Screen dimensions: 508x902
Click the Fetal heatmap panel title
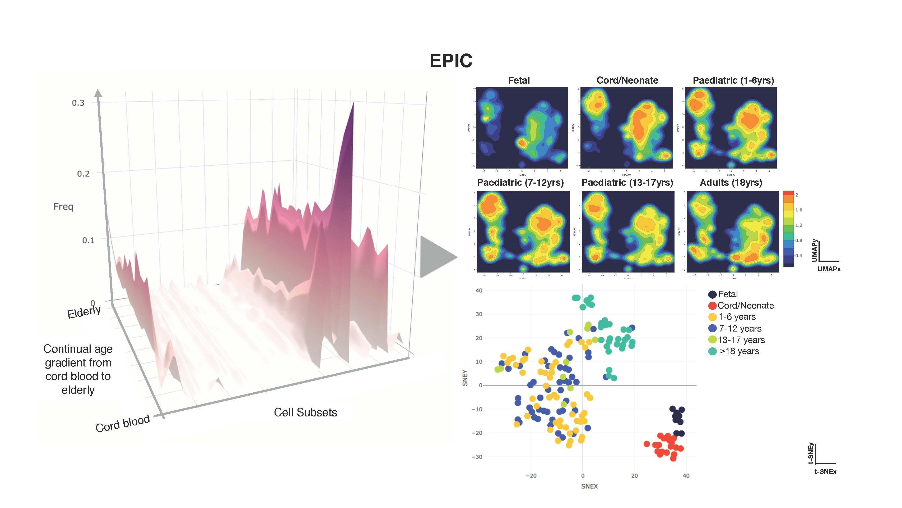coord(519,80)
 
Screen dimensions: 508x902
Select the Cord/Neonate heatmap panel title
coord(627,80)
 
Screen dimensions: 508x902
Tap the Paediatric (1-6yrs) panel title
coord(733,80)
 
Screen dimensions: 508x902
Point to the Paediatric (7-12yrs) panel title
coord(520,183)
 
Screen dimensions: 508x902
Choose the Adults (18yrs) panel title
coord(731,183)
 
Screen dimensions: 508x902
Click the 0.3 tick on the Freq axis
coord(78,103)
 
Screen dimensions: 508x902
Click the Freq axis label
coord(63,206)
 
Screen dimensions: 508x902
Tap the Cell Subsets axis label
coord(305,412)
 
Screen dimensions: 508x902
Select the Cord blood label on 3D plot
coord(123,424)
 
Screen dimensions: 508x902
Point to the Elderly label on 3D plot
coord(84,312)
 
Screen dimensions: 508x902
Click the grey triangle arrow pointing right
coord(436,257)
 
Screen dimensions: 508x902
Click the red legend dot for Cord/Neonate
coord(712,306)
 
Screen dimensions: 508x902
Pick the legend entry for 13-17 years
coord(741,340)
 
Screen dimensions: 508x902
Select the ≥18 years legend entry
coord(739,351)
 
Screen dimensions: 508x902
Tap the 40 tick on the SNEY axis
coord(479,291)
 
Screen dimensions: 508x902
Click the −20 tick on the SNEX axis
coord(531,476)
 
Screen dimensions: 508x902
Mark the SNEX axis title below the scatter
coord(589,486)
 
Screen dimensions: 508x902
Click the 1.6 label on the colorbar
coord(799,210)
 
